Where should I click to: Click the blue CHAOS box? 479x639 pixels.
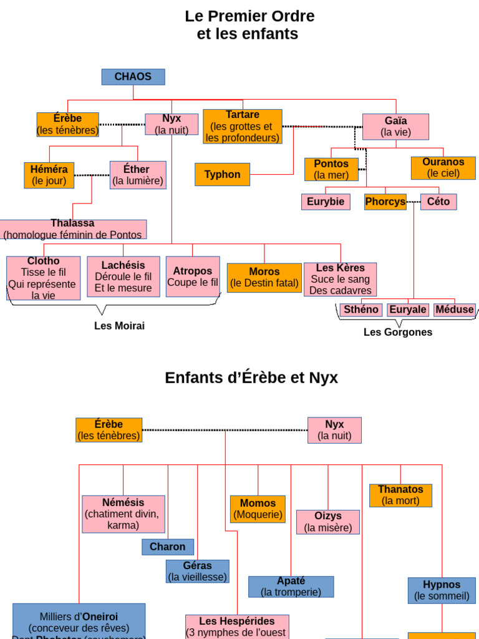[133, 77]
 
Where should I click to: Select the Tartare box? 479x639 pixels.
[242, 127]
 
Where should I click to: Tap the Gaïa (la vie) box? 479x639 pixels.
[395, 127]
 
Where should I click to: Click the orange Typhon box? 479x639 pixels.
[222, 175]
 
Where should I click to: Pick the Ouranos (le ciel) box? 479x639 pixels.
[443, 168]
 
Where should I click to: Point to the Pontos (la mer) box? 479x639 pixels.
[331, 170]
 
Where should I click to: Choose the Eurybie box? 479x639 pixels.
[325, 202]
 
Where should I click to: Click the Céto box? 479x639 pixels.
[438, 202]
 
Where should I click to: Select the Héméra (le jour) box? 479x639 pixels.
[49, 175]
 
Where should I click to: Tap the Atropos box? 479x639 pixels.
[193, 276]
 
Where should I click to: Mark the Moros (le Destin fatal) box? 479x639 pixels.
[264, 278]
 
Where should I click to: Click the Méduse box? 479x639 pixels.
[454, 310]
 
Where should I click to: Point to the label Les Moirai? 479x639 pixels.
[119, 326]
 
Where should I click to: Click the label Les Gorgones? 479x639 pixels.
[398, 332]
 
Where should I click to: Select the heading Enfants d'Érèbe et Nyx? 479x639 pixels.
[251, 378]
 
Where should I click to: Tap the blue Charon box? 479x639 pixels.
[168, 547]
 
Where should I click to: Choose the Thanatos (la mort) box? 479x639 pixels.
[400, 495]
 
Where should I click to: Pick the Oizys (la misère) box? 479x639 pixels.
[328, 522]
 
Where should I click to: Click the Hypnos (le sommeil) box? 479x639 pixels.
[442, 590]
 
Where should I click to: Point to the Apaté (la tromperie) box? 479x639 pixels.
[291, 587]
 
